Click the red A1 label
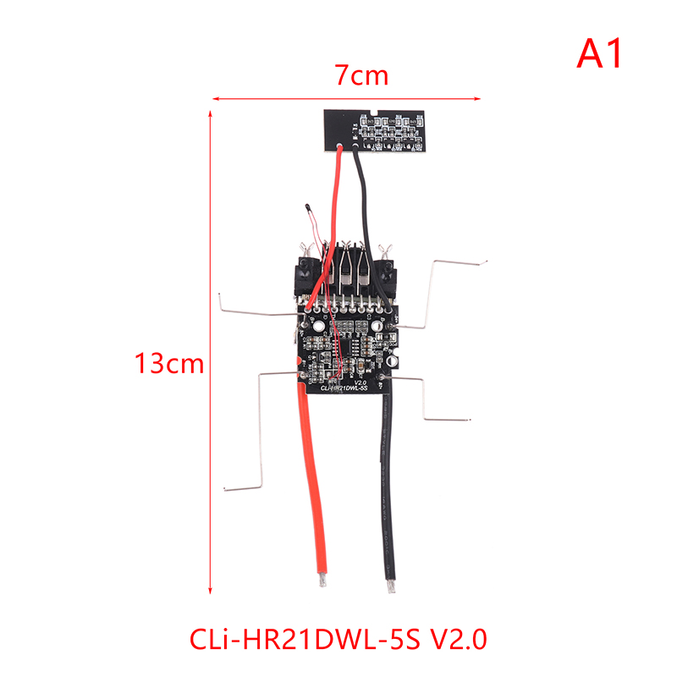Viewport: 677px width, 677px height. point(600,53)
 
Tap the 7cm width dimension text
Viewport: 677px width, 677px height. point(361,75)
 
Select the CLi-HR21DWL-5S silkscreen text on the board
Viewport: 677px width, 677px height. point(342,390)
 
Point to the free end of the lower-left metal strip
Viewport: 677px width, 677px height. point(228,487)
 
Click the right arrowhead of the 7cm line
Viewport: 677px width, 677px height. point(512,99)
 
